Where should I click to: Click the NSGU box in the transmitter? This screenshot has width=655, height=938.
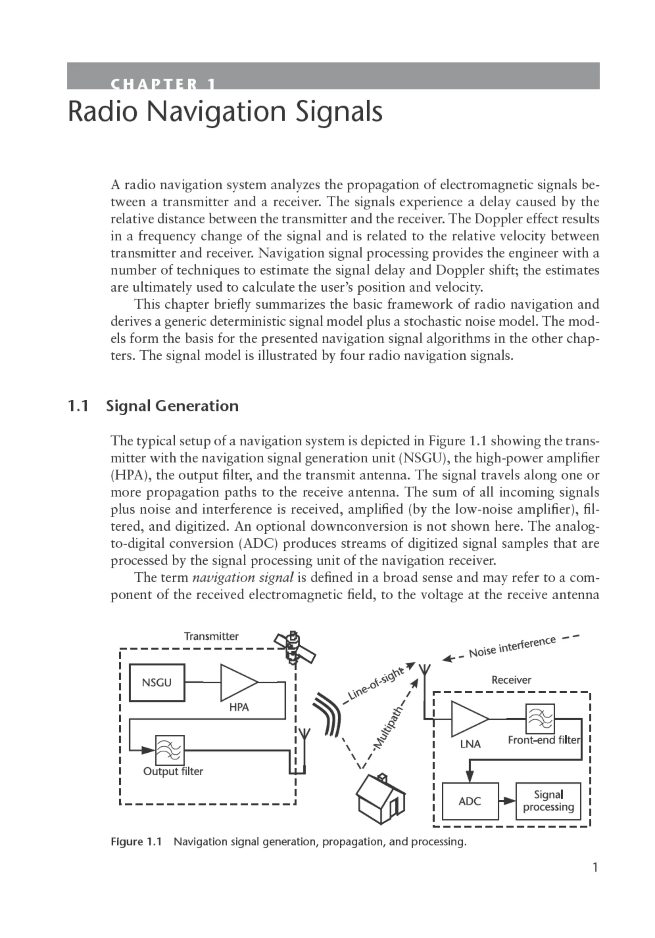click(x=157, y=682)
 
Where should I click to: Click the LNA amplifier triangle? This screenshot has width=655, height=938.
click(x=468, y=719)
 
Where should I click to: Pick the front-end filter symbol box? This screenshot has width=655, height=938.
click(x=540, y=719)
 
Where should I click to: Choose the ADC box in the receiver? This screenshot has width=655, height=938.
click(x=470, y=801)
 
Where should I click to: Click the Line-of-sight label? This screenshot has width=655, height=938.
click(x=375, y=683)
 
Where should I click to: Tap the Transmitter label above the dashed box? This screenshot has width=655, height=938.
click(x=211, y=636)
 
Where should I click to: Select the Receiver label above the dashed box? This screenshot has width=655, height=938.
click(x=511, y=680)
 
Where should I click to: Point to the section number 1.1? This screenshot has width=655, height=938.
click(x=78, y=406)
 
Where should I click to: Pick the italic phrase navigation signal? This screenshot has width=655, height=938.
click(x=243, y=577)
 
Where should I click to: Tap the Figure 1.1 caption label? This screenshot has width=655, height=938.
click(x=136, y=842)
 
